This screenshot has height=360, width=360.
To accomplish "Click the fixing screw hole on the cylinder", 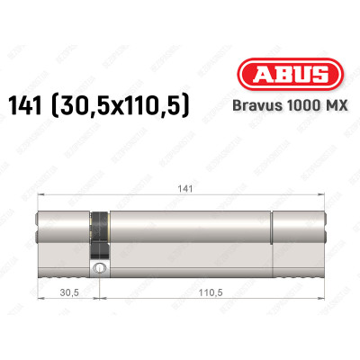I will [x=100, y=267].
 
